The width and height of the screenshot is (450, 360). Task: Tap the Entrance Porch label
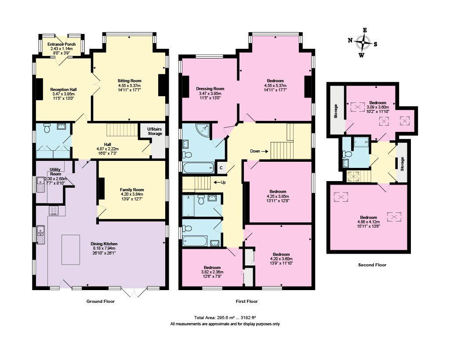[62, 44]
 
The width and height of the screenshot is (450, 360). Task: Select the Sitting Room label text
[129, 81]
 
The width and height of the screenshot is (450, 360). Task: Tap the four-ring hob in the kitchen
[54, 211]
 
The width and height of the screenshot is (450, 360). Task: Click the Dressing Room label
[210, 89]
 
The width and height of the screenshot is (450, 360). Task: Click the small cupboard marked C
[221, 168]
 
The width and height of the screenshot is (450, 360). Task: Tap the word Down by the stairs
[255, 151]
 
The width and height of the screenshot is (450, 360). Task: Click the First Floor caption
[247, 302]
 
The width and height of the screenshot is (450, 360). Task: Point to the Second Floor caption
[372, 265]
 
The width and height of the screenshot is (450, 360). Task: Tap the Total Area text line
[225, 317]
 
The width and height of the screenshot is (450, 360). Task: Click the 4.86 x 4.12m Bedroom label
[368, 218]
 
